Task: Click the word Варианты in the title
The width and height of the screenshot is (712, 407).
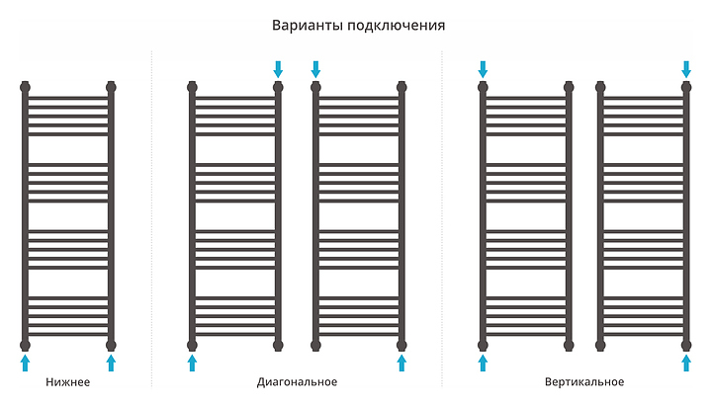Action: pyautogui.click(x=302, y=25)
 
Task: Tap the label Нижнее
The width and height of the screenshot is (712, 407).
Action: pyautogui.click(x=68, y=382)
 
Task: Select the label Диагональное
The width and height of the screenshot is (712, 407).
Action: pyautogui.click(x=297, y=382)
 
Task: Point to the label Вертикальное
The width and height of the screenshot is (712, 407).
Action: pyautogui.click(x=583, y=382)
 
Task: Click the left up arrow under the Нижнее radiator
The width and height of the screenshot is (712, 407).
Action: pyautogui.click(x=26, y=364)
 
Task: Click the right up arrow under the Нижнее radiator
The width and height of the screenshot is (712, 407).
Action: pyautogui.click(x=111, y=364)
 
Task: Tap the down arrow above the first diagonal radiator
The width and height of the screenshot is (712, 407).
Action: pyautogui.click(x=278, y=68)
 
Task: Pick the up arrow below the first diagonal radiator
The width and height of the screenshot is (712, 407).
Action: pyautogui.click(x=193, y=364)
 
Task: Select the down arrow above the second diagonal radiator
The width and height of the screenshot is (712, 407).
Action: pyautogui.click(x=316, y=68)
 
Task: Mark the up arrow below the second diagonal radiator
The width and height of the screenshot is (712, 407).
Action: pyautogui.click(x=401, y=364)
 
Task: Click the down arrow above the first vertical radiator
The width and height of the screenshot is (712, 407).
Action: pyautogui.click(x=484, y=68)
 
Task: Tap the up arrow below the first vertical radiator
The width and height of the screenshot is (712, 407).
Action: pyautogui.click(x=484, y=364)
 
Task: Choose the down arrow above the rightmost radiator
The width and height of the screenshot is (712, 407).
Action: pyautogui.click(x=686, y=68)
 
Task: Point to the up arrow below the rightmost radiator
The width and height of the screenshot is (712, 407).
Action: pyautogui.click(x=686, y=364)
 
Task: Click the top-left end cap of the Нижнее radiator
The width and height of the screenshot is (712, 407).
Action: pyautogui.click(x=26, y=86)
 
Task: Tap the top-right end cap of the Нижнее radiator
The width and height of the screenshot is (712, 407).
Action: pyautogui.click(x=111, y=86)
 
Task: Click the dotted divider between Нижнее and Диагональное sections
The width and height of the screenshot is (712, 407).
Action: pyautogui.click(x=151, y=217)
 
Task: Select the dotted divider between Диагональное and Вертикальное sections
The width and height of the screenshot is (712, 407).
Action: pyautogui.click(x=441, y=217)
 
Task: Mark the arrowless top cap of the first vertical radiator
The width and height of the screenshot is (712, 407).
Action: pyautogui.click(x=569, y=86)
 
